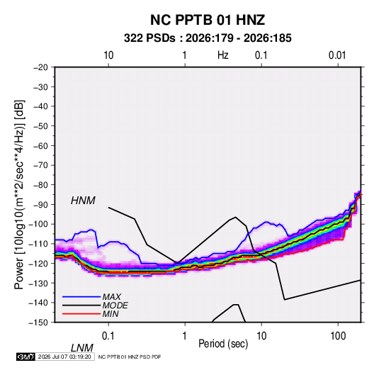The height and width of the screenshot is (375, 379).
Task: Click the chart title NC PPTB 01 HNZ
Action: pos(208,20)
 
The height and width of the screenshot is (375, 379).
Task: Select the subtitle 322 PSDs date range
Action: pos(208,38)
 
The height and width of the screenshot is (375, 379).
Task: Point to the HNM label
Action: pos(83,201)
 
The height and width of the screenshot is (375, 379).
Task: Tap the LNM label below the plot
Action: pos(82,348)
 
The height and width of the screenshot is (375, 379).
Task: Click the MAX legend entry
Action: pos(112,297)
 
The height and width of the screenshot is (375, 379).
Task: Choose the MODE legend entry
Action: pos(115,306)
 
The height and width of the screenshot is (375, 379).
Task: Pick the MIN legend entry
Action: pos(111,314)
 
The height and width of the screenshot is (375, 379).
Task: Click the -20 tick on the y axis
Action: pos(40,67)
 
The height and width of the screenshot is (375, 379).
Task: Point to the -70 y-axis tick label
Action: pos(40,165)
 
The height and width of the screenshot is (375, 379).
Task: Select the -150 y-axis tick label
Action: pos(38,323)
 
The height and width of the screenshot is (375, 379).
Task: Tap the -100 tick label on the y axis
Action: pos(38,224)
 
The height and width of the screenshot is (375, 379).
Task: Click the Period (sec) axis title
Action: pos(223,344)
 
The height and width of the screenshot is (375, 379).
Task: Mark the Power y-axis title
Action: pos(19,195)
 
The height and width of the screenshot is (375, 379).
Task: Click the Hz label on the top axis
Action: pos(223,55)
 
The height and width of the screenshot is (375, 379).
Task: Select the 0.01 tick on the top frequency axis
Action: pos(337,55)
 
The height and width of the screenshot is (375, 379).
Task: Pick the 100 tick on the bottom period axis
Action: pos(338,336)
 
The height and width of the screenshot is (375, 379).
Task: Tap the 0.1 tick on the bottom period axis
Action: pos(108,336)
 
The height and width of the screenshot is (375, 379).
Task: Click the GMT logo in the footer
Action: pos(26,357)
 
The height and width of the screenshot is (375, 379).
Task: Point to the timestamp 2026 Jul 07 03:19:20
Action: pos(64,357)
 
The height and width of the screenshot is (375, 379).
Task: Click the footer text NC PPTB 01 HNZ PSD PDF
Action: pos(130,357)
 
